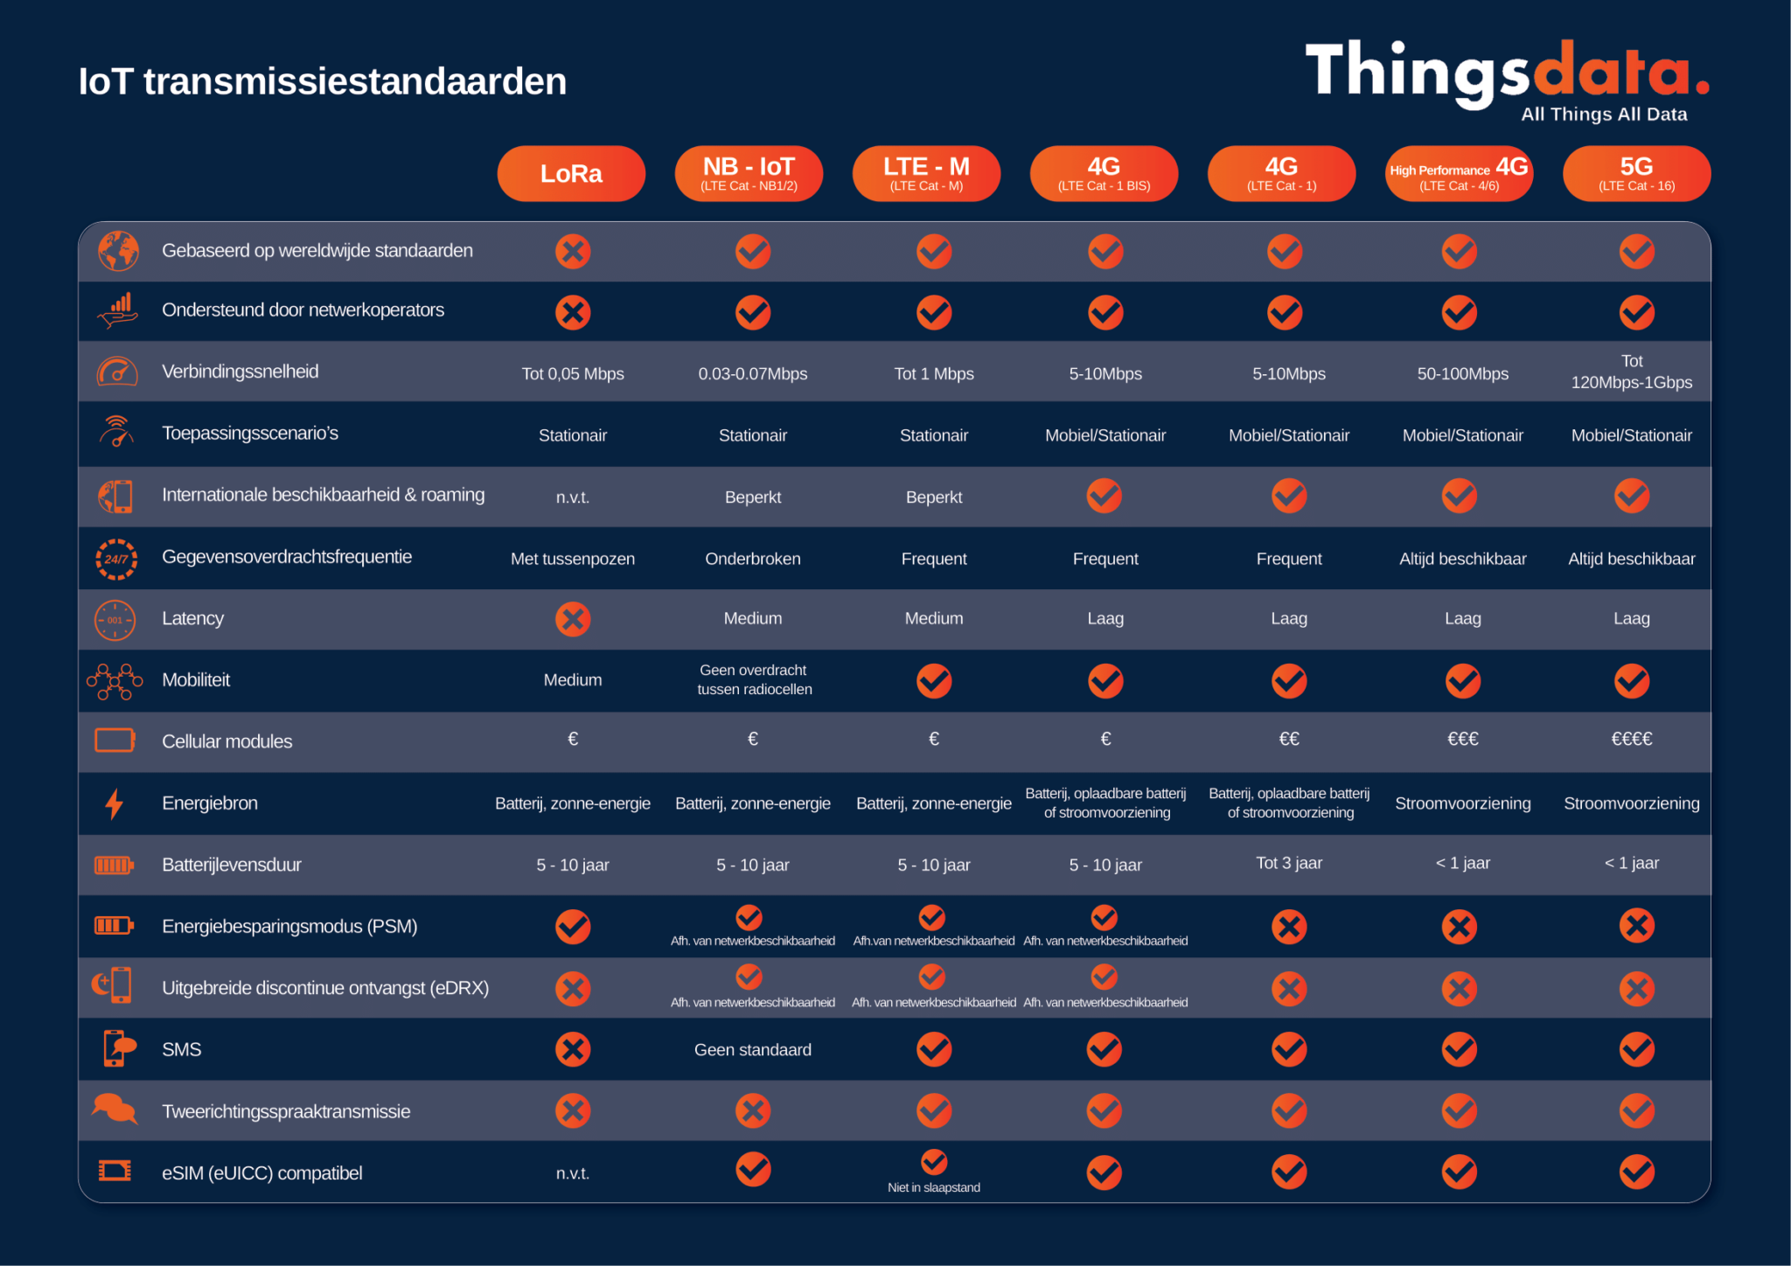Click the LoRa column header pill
(571, 174)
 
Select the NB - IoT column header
(749, 174)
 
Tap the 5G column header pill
(1636, 174)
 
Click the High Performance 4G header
(1459, 174)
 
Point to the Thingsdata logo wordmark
(1507, 74)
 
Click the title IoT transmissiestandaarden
(323, 81)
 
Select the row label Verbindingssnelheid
(240, 372)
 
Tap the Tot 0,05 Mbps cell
(573, 374)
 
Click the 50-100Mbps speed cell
(1462, 374)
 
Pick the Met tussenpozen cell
(573, 559)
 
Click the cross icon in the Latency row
(573, 619)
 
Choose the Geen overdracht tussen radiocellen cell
(754, 679)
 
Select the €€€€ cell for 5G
(1632, 740)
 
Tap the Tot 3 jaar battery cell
(1289, 863)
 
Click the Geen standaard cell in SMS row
(753, 1050)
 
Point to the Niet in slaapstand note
(934, 1187)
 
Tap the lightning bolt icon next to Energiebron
(114, 803)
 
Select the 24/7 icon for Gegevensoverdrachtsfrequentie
(115, 559)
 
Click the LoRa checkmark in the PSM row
(573, 927)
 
